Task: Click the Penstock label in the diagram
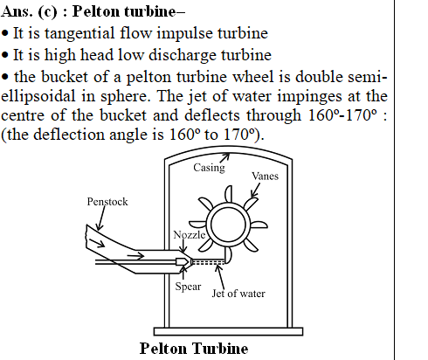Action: [x=107, y=202]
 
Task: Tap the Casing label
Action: [x=209, y=168]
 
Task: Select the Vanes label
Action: [x=265, y=176]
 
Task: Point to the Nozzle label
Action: [x=190, y=234]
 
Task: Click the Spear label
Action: [x=188, y=287]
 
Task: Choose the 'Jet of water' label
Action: [x=238, y=294]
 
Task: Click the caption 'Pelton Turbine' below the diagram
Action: [x=194, y=349]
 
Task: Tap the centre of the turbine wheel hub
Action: [x=228, y=225]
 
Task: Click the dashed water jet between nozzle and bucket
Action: [x=208, y=262]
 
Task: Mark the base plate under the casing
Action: [x=228, y=331]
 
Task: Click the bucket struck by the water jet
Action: [x=228, y=255]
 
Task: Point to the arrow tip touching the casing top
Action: [x=229, y=155]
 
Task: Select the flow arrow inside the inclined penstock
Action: [x=96, y=243]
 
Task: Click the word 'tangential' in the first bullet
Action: [x=79, y=33]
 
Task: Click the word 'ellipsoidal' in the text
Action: [x=38, y=96]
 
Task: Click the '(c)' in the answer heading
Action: [x=47, y=11]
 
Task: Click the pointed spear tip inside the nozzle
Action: [x=188, y=261]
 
